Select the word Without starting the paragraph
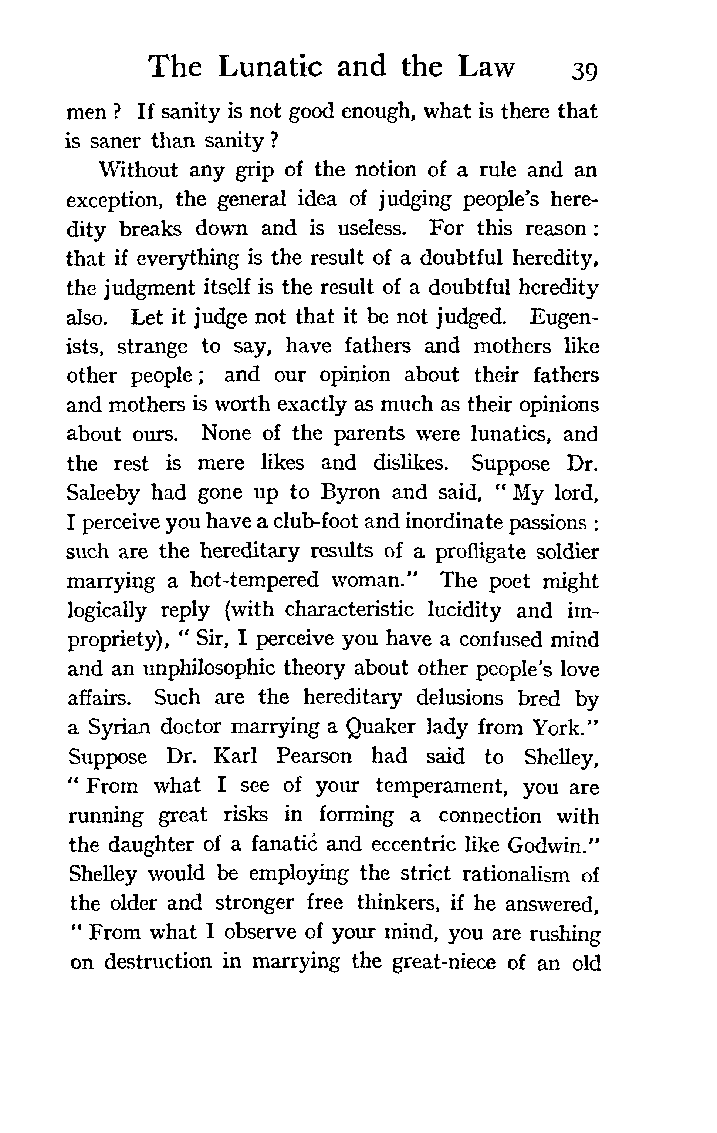(138, 170)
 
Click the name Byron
(350, 492)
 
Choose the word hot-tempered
(254, 581)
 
